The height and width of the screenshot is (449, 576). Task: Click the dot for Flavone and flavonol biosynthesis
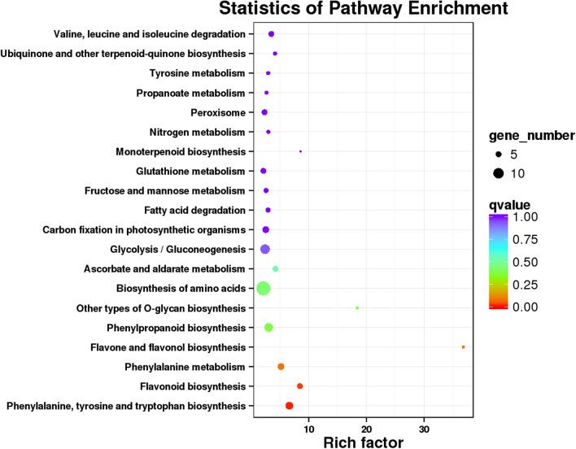pyautogui.click(x=463, y=347)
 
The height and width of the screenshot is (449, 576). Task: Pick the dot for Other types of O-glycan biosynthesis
pyautogui.click(x=357, y=307)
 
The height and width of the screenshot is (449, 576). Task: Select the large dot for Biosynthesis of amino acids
pyautogui.click(x=263, y=288)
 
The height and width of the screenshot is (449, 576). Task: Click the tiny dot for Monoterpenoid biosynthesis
pyautogui.click(x=301, y=151)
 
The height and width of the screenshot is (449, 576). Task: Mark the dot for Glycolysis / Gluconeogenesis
pyautogui.click(x=264, y=249)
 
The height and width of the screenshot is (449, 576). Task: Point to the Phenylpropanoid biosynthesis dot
pyautogui.click(x=268, y=327)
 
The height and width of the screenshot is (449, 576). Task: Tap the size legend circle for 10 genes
pyautogui.click(x=498, y=172)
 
